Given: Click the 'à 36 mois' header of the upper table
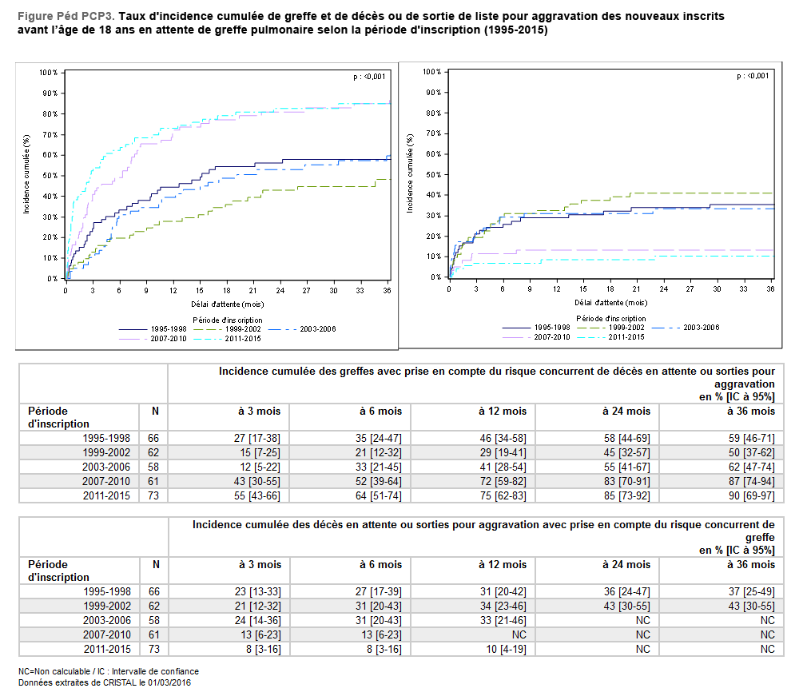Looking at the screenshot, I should point(751,411).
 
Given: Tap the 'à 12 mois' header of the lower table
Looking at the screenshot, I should point(503,564).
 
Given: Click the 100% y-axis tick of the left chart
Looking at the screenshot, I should point(49,73).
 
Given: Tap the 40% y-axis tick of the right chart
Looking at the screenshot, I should point(432,195).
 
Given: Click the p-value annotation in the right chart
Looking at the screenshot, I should point(753,76).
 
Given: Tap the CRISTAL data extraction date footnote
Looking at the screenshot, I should point(104,682).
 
